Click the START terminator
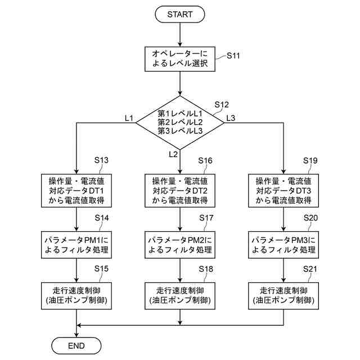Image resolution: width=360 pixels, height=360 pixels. [x=180, y=14]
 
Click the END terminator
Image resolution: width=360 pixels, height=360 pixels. [x=76, y=345]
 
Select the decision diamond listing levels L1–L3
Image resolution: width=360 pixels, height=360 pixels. [x=180, y=123]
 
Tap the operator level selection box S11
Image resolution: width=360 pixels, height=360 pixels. [x=180, y=59]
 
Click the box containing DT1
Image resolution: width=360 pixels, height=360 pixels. [x=76, y=191]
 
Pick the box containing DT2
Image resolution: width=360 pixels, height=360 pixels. [x=180, y=191]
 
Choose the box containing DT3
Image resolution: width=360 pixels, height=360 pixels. [x=283, y=191]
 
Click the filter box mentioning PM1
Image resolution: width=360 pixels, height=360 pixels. [x=76, y=245]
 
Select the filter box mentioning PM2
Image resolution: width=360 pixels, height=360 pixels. [x=180, y=245]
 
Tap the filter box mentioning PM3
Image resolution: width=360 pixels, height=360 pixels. [x=283, y=245]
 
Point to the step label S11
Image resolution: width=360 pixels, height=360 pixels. [x=233, y=56]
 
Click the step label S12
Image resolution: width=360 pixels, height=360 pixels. [x=222, y=105]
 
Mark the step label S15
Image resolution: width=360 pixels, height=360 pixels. [x=101, y=269]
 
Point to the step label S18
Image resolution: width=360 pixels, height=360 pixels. [x=206, y=269]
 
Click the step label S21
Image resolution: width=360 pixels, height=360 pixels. [x=310, y=269]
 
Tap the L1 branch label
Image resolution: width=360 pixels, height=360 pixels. [x=129, y=118]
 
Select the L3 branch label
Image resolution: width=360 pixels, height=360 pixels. [x=231, y=118]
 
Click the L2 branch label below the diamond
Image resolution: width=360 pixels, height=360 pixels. [x=173, y=154]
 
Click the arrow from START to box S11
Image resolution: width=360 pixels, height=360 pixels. [x=180, y=35]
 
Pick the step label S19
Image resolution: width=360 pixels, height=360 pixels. [x=310, y=160]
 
